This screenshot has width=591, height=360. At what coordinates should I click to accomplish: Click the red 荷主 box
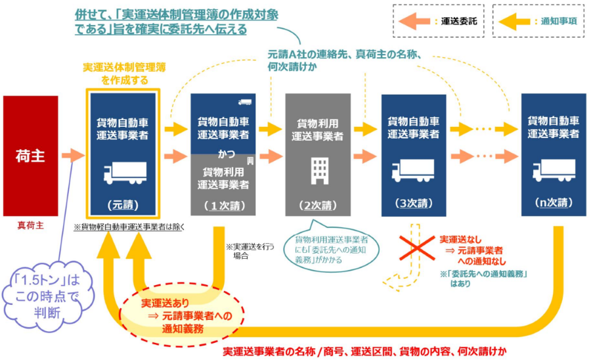click(x=30, y=155)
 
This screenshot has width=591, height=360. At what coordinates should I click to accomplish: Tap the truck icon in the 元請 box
click(x=125, y=172)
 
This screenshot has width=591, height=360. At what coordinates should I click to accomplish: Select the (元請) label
click(x=124, y=204)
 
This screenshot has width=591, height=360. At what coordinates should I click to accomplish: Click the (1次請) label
click(x=223, y=204)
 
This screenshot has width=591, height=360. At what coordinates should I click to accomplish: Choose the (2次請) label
click(x=318, y=204)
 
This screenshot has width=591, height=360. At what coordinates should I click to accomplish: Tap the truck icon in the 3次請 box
click(x=412, y=171)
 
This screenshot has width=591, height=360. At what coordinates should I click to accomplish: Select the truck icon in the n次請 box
click(x=554, y=171)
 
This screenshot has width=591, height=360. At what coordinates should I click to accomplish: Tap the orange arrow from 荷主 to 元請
click(x=73, y=156)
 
